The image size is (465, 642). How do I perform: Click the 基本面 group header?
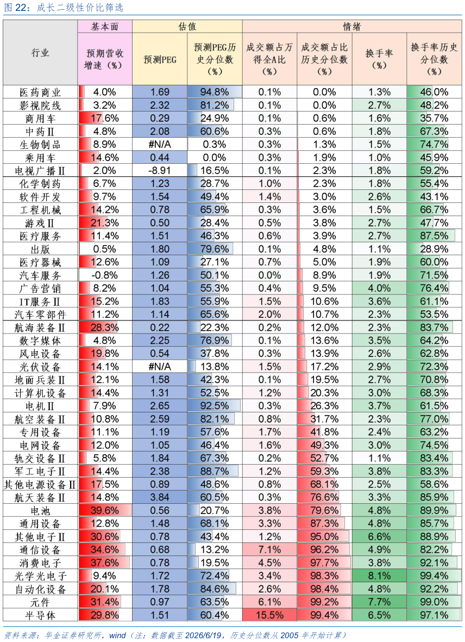click(x=105, y=27)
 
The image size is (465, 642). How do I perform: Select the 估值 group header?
click(x=187, y=27)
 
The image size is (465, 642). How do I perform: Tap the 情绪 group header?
click(x=351, y=27)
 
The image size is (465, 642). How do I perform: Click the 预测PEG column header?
click(x=160, y=59)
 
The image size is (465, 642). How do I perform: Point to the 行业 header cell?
click(x=40, y=53)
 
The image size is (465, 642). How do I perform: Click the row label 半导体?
click(x=40, y=615)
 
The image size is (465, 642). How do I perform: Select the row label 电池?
click(x=40, y=510)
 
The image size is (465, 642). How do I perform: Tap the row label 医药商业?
click(x=40, y=92)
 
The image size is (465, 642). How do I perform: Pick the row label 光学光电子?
click(x=40, y=576)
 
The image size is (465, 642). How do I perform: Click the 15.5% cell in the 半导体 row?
click(x=269, y=615)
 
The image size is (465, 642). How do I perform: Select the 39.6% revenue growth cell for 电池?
click(x=105, y=510)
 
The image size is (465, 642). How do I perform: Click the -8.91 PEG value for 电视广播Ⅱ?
click(x=160, y=170)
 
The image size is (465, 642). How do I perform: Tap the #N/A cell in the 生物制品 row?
click(x=160, y=144)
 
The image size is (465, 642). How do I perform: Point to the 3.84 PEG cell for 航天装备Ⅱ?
click(x=160, y=497)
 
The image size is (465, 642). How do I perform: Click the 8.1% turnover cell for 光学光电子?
click(x=379, y=576)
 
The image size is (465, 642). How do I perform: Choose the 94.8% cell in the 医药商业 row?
click(x=215, y=92)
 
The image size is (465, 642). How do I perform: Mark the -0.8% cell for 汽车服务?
click(x=105, y=275)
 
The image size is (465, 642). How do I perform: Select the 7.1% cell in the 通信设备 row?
click(x=269, y=550)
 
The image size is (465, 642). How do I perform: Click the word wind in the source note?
click(x=117, y=635)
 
